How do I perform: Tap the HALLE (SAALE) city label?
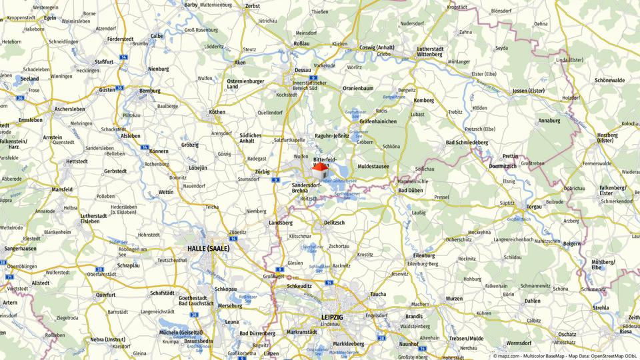208,249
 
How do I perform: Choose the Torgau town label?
534,207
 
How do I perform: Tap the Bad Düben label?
410,190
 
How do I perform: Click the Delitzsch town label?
333,222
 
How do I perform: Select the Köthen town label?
217,112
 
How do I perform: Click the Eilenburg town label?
423,255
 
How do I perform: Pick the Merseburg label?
229,305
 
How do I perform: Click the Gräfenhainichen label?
378,121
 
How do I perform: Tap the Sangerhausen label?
20,248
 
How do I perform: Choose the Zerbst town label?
252,6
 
